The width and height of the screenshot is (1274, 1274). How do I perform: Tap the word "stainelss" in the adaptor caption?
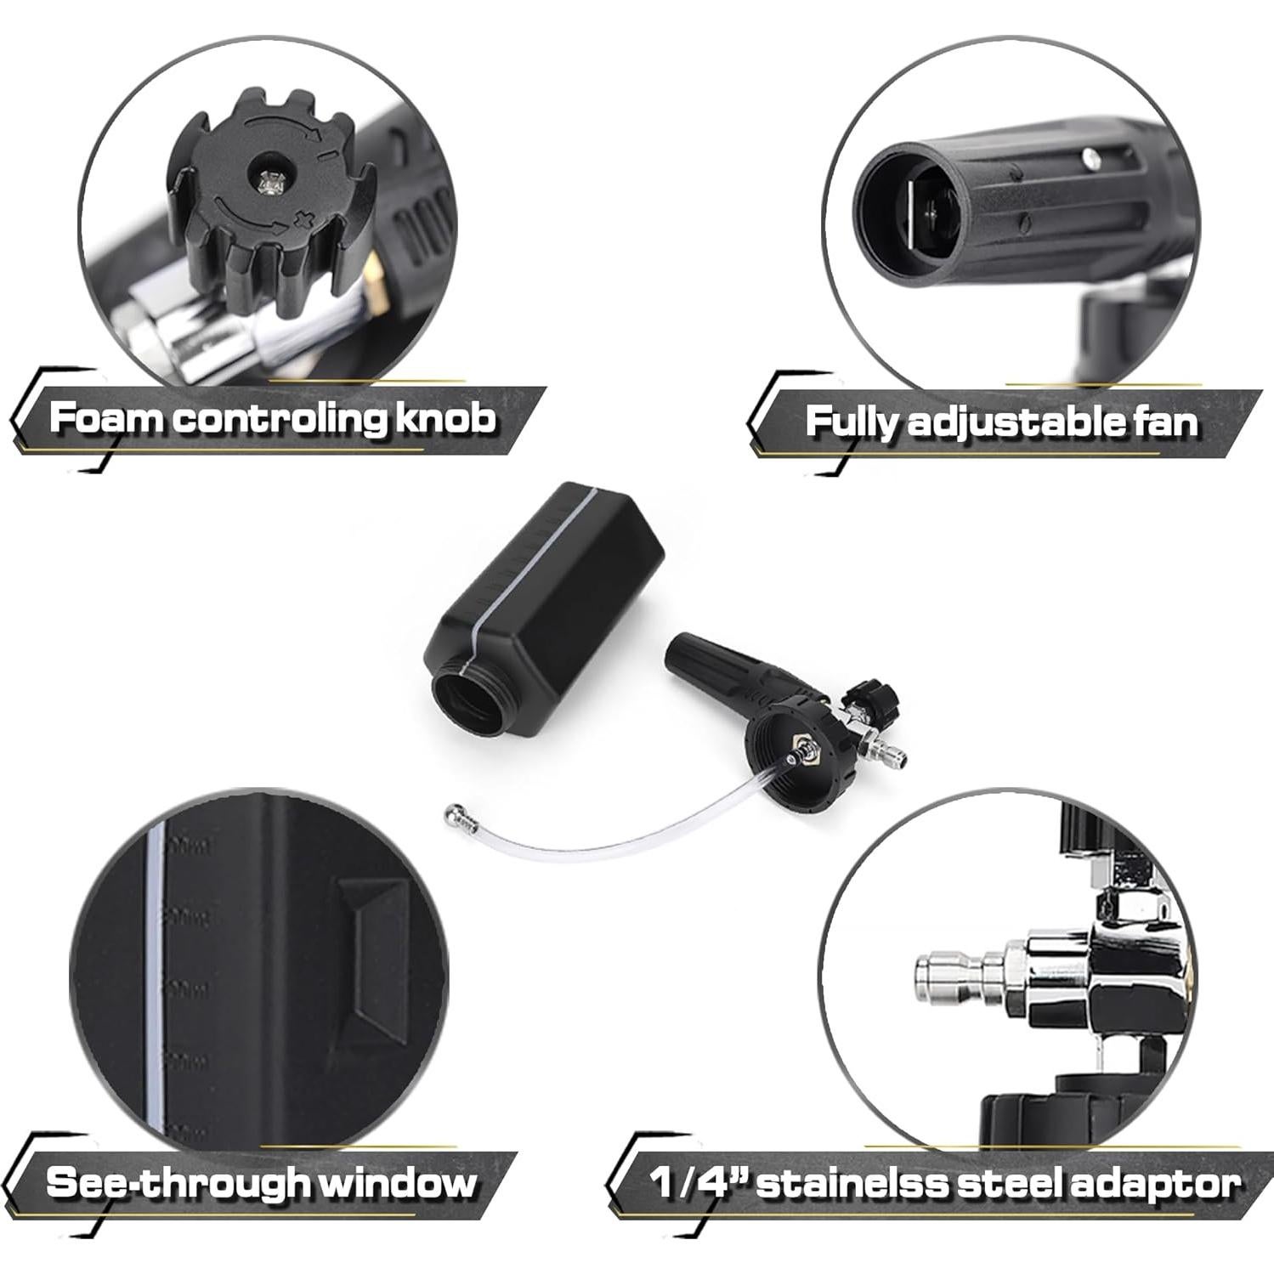(859, 1183)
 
